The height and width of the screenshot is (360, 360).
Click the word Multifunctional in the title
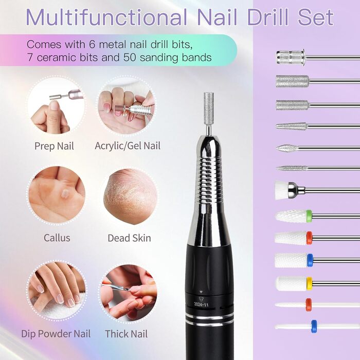pos(106,17)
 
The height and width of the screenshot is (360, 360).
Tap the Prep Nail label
pos(54,146)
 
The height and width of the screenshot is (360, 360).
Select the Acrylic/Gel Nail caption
pos(128,146)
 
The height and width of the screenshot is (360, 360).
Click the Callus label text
pos(57,238)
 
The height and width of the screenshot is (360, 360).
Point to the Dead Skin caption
pos(129,238)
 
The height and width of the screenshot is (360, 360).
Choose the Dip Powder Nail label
pos(56,334)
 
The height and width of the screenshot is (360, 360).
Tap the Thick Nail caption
pos(127,334)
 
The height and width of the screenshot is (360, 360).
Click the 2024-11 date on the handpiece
pos(201,304)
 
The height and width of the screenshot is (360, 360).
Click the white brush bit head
pos(281,190)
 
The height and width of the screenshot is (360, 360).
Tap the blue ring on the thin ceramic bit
pos(314,326)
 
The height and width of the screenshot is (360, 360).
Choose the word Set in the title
pos(316,17)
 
